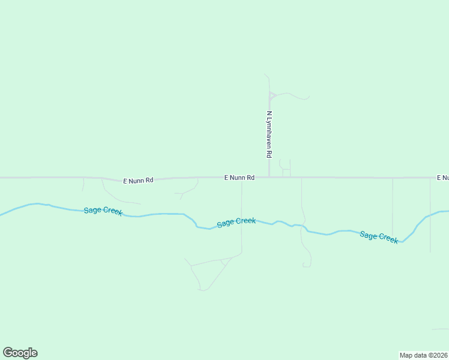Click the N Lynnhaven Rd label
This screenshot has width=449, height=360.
[270, 134]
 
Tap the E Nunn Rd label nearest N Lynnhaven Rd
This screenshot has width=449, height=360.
[240, 178]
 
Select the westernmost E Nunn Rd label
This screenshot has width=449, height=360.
[138, 180]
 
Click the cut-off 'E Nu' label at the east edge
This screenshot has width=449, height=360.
[442, 178]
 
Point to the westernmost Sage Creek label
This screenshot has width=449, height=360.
[103, 211]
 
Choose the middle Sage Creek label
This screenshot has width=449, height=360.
[237, 222]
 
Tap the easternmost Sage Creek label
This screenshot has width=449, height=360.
[379, 236]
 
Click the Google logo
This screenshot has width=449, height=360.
[20, 353]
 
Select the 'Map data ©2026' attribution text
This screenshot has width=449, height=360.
[424, 355]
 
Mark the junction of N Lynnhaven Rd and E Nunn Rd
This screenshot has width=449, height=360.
[269, 178]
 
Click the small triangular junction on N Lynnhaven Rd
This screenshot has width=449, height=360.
[271, 95]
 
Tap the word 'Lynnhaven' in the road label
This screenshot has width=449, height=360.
[270, 131]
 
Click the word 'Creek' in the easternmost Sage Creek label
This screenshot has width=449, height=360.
[387, 238]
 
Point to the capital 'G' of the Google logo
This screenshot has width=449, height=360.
[8, 353]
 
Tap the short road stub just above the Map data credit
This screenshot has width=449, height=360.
[440, 329]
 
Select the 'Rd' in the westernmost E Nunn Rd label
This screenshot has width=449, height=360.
[149, 180]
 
